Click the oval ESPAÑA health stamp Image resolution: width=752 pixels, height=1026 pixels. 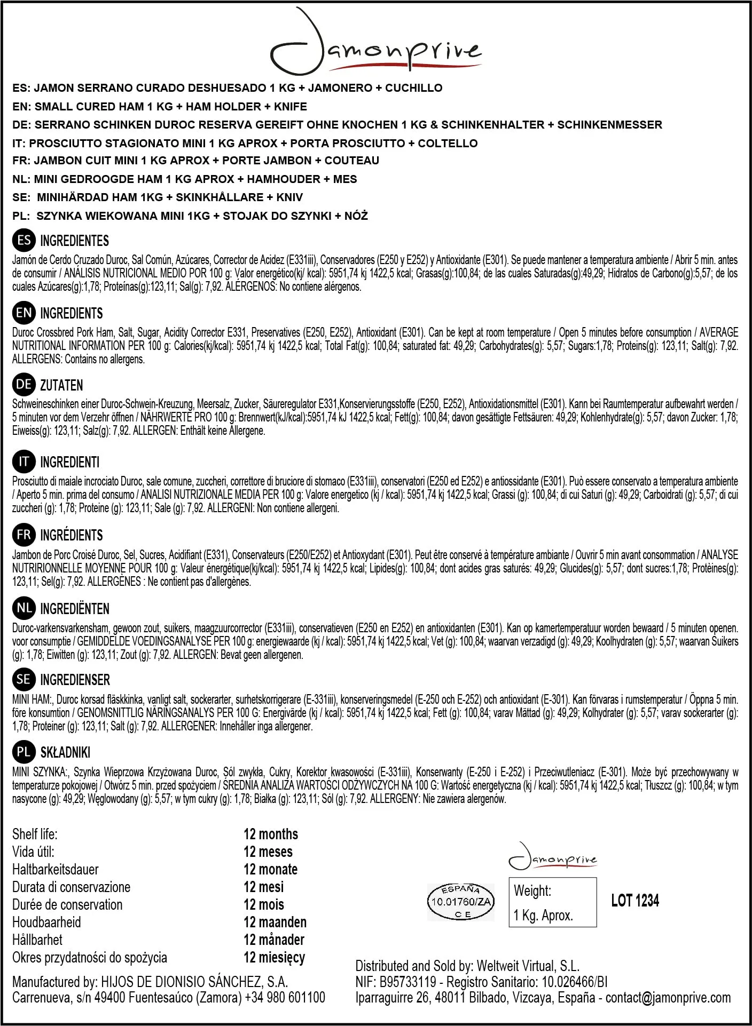(x=461, y=902)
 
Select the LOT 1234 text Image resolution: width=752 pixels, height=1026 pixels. (x=635, y=901)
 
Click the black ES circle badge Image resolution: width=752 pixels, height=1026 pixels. (x=23, y=240)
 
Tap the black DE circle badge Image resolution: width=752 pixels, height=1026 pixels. (x=23, y=384)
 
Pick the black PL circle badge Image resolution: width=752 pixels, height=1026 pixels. (x=23, y=752)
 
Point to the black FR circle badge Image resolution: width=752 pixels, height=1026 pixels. (x=23, y=535)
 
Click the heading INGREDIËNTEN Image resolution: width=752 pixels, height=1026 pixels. (x=75, y=609)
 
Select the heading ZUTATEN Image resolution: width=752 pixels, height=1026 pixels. (x=61, y=385)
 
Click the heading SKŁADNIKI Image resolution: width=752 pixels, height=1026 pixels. (x=65, y=752)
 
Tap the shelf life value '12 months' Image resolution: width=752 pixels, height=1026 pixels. (x=271, y=834)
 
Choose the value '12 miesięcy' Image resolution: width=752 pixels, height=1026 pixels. (x=274, y=957)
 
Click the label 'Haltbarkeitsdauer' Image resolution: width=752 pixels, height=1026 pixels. (x=56, y=869)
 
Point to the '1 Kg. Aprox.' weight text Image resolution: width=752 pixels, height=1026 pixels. (x=543, y=916)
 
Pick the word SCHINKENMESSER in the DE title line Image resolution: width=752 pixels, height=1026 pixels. (x=609, y=125)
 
